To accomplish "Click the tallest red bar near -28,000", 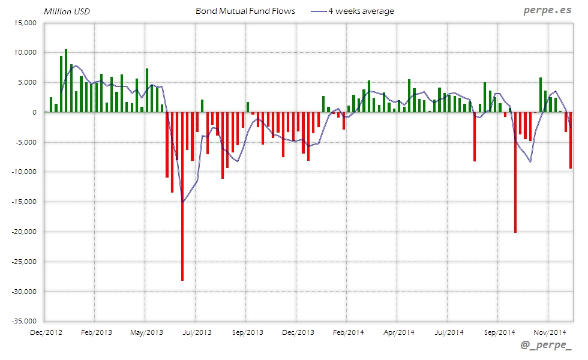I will point(182,198).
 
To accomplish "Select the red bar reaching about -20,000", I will point(515,174).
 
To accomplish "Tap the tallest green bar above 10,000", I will point(66,81).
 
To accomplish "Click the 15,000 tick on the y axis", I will point(26,23).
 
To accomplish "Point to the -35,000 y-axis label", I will point(25,321).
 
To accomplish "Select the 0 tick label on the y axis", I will point(35,112).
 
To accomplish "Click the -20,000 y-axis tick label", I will point(25,232).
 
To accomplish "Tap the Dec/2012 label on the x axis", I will point(46,332).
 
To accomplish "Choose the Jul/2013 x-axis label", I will point(197,332).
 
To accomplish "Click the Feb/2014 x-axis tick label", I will point(348,332).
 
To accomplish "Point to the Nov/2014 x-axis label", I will point(550,332).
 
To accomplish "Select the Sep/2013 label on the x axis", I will point(247,332).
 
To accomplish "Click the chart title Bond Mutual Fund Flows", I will point(245,11).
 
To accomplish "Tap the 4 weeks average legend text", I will point(361,11).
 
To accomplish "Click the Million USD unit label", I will point(67,11).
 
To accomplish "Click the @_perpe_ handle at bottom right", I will point(546,347).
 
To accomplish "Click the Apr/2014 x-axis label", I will point(398,332).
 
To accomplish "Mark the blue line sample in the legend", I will point(319,11).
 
